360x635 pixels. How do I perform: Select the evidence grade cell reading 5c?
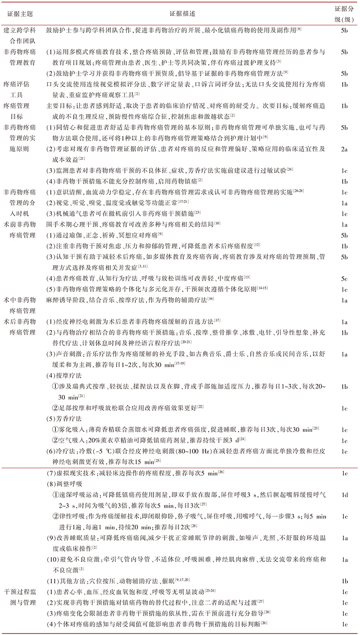(344, 278)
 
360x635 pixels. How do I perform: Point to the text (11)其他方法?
(67, 581)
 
